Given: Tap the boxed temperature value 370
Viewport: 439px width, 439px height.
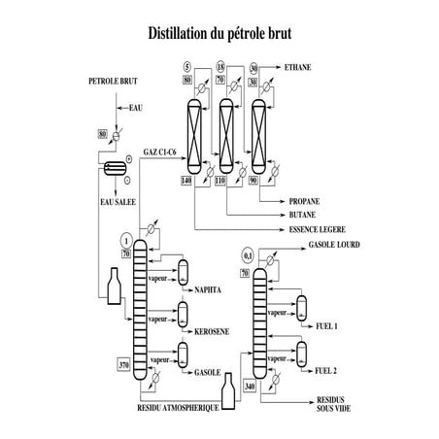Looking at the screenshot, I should tap(123, 365).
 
